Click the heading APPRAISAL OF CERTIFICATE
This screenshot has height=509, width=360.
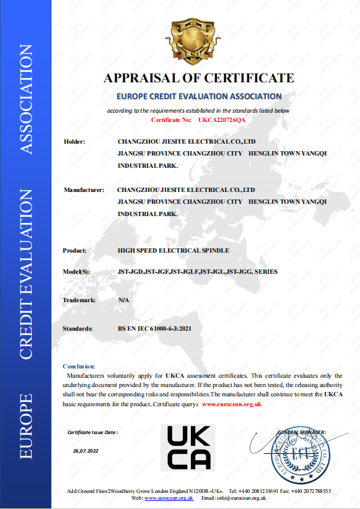click(198, 78)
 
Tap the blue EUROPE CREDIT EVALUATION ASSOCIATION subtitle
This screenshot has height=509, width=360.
click(199, 97)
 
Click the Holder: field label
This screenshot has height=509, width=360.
click(74, 142)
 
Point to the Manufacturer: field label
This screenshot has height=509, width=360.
click(84, 190)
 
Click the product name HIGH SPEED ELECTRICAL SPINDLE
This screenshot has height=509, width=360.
click(173, 250)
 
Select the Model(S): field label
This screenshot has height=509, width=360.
click(77, 272)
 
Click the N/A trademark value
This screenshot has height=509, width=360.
click(123, 300)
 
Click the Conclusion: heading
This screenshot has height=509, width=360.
click(79, 367)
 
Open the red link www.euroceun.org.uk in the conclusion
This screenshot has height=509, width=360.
click(232, 404)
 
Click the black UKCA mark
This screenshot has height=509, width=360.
click(189, 448)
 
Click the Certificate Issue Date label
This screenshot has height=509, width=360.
click(92, 432)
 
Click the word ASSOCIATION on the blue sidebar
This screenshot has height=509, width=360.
click(27, 99)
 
